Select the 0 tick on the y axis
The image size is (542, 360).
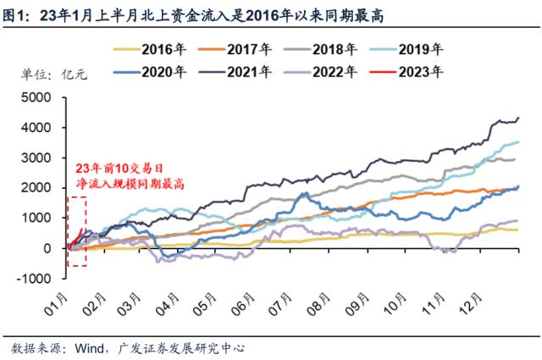(x=56, y=248)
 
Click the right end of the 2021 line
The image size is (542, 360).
(x=517, y=118)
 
